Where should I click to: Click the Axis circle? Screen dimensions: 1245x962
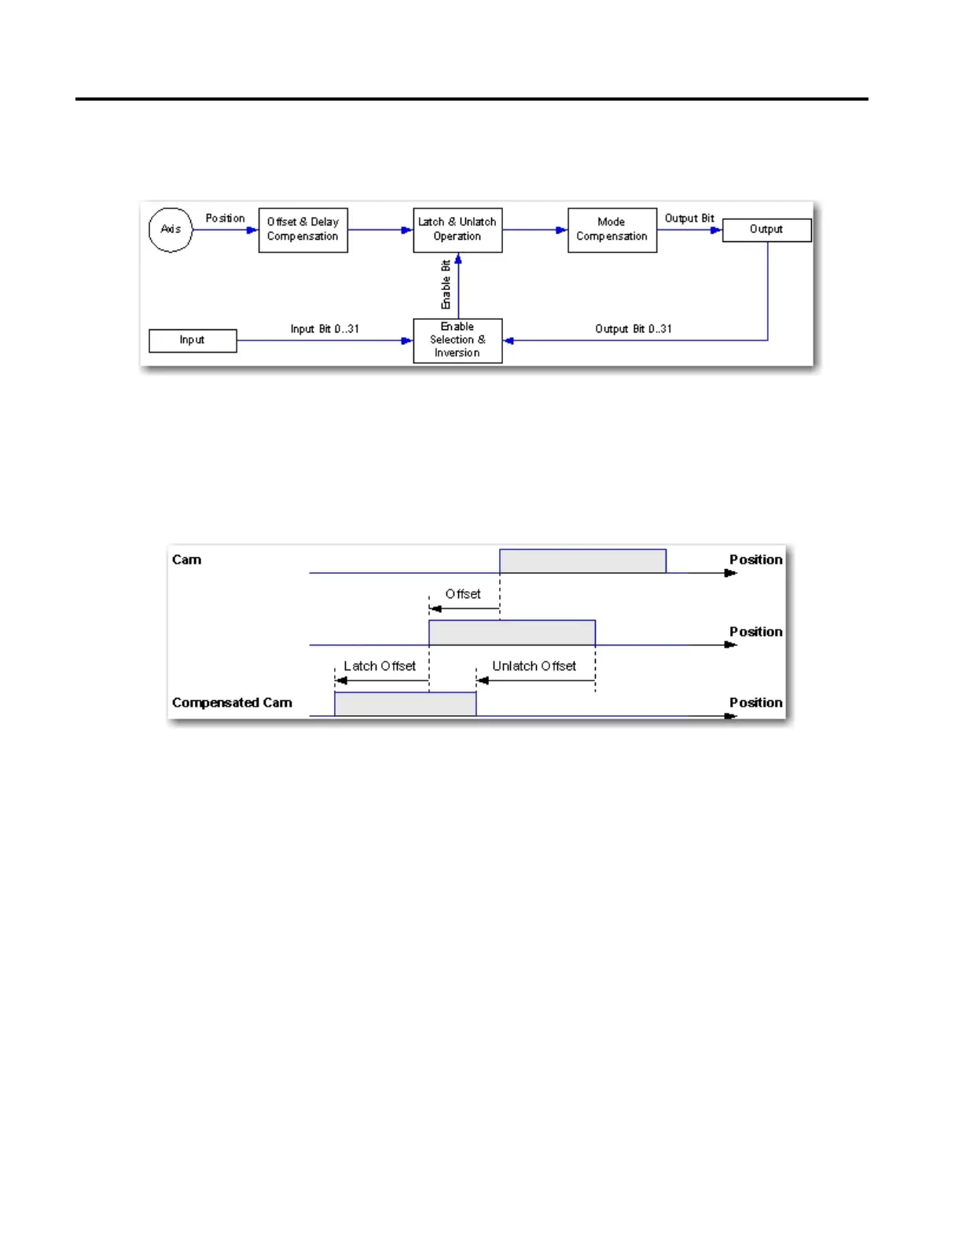coord(171,230)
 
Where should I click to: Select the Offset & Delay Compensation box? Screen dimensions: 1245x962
coord(303,230)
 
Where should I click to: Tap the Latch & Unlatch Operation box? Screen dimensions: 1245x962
coord(457,230)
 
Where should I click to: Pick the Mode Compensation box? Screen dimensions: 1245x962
coord(611,230)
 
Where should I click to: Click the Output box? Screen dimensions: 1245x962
coord(766,230)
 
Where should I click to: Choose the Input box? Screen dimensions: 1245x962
coord(193,340)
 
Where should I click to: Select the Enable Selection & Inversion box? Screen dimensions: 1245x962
coord(457,340)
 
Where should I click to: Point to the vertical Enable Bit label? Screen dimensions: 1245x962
coord(446,285)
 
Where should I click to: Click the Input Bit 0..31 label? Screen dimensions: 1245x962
coord(325,329)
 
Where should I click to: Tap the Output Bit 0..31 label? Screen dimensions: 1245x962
coord(633,329)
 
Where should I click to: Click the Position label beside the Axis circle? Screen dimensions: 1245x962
coord(225,219)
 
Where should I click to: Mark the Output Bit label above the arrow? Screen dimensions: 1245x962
coord(689,219)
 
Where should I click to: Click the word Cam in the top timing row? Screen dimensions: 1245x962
coord(187,560)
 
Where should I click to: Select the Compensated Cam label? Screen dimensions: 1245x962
coord(232,703)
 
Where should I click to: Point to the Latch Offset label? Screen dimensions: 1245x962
coord(380,667)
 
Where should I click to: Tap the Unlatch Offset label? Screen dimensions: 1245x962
coord(534,667)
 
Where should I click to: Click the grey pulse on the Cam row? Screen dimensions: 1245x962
coord(582,561)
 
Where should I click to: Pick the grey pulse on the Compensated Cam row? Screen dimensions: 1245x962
coord(406,704)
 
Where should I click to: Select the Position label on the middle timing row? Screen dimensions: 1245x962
coord(755,632)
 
